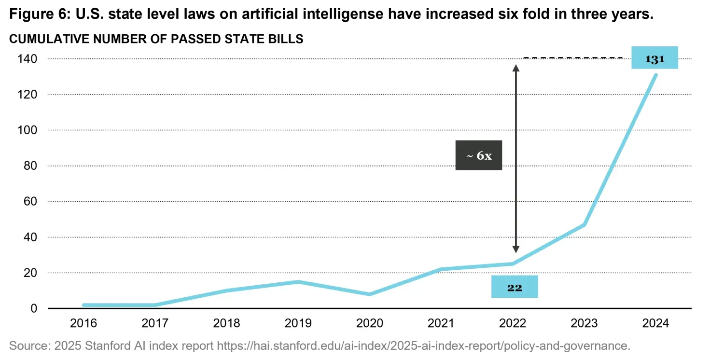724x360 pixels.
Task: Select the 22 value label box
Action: pos(515,287)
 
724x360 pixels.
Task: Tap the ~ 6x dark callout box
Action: pos(478,155)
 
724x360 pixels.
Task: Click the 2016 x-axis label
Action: pos(84,323)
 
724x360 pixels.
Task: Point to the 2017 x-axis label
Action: pos(155,323)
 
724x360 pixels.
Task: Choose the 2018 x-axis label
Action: pos(226,323)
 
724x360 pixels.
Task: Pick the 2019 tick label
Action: pos(298,323)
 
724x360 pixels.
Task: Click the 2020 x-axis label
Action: pos(369,323)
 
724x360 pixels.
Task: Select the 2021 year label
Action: pos(441,323)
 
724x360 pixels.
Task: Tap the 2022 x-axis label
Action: pos(513,323)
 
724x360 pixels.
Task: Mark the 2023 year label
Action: pos(584,323)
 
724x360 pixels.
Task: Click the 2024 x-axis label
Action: pos(655,323)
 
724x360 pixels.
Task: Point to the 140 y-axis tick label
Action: pos(28,59)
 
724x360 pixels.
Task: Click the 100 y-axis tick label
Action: pos(28,130)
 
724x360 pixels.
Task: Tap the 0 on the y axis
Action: pos(34,308)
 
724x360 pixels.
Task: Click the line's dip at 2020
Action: pos(369,294)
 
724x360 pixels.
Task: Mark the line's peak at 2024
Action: pos(655,75)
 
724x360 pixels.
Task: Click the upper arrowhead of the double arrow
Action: pos(515,68)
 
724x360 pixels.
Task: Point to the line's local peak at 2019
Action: pos(298,282)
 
